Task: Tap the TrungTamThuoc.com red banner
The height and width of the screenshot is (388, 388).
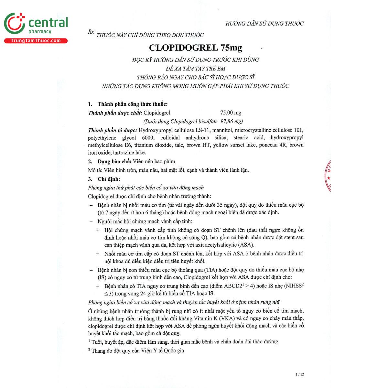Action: (36, 41)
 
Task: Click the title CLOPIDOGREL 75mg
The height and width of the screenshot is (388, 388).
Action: (195, 48)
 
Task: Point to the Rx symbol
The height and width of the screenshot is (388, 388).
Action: (91, 32)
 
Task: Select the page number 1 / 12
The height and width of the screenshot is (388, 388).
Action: (300, 374)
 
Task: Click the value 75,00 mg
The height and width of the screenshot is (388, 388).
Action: (231, 113)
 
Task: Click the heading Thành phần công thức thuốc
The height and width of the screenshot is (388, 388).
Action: (132, 104)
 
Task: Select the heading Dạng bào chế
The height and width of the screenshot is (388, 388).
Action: (114, 161)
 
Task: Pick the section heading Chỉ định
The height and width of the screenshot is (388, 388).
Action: (109, 179)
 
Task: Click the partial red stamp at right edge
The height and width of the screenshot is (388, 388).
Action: (328, 176)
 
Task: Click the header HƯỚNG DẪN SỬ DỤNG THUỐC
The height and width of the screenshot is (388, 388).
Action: (264, 24)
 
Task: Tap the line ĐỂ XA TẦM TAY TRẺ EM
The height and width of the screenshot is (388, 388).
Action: (195, 69)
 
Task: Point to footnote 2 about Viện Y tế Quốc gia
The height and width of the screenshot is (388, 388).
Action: (136, 350)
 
